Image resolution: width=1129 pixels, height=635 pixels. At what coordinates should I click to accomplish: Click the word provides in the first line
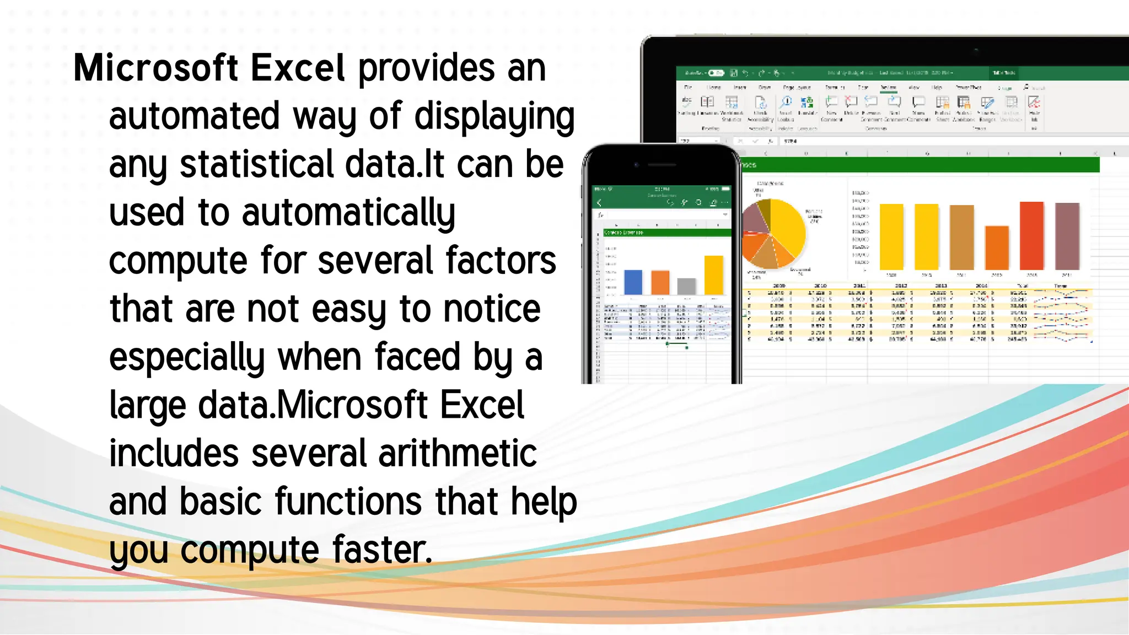pyautogui.click(x=427, y=68)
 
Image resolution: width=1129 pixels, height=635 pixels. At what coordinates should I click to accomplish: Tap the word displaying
pyautogui.click(x=494, y=117)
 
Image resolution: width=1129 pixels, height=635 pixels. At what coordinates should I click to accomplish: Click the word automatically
pyautogui.click(x=348, y=213)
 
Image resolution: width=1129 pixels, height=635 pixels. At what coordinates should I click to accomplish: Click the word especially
pyautogui.click(x=187, y=358)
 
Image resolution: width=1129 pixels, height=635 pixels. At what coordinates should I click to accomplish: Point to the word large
pyautogui.click(x=147, y=406)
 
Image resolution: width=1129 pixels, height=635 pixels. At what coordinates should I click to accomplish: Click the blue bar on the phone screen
pyautogui.click(x=633, y=282)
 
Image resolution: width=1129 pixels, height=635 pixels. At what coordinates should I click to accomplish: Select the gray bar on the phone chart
pyautogui.click(x=686, y=287)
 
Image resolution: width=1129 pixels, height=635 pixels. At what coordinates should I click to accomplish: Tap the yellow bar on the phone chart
pyautogui.click(x=714, y=275)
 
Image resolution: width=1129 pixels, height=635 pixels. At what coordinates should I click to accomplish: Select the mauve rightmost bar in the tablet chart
pyautogui.click(x=1067, y=236)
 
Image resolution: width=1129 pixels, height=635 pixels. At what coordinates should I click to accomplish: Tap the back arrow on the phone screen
pyautogui.click(x=600, y=203)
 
